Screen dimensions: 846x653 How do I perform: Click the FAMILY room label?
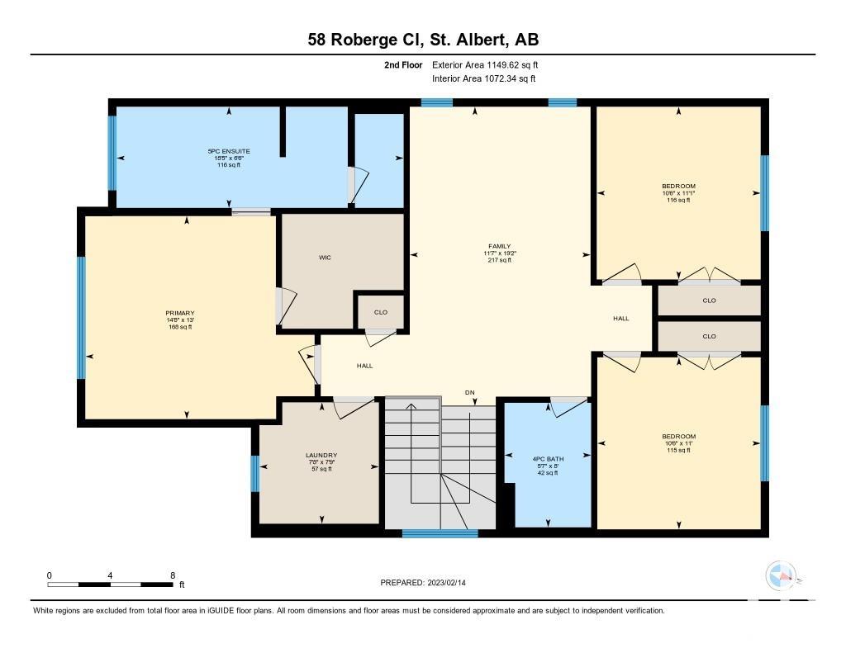point(500,247)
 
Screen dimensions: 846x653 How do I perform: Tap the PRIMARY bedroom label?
point(180,313)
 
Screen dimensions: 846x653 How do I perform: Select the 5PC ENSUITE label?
point(230,152)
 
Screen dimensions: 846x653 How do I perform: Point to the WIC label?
point(325,258)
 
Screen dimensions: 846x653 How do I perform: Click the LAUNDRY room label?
point(321,456)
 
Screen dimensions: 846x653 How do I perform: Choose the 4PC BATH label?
point(549,460)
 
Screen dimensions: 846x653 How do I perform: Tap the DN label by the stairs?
point(470,393)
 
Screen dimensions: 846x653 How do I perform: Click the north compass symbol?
point(781,575)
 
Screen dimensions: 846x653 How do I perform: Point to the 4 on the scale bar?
point(110,575)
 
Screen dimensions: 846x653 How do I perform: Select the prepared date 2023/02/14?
point(447,582)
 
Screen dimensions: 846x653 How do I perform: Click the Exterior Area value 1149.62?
point(502,64)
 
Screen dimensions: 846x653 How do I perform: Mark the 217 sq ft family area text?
point(500,260)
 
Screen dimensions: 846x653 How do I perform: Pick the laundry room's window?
point(255,473)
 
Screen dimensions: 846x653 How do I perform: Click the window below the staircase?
point(440,534)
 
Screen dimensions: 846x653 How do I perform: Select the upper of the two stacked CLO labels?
point(710,300)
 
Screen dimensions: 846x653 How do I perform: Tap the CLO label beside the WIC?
point(381,312)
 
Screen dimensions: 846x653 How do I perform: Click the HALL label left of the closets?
point(621,318)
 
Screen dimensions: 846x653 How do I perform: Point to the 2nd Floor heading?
point(403,64)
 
